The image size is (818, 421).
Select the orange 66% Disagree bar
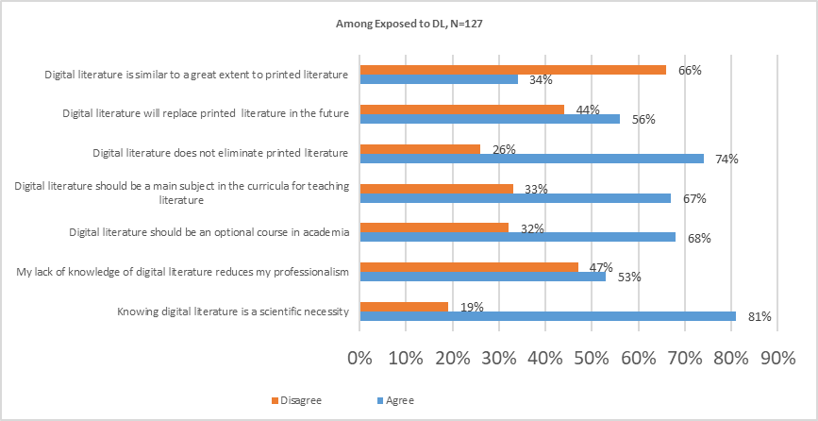(x=512, y=70)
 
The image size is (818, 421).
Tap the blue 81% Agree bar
(x=547, y=316)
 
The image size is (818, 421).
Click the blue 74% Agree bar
(x=531, y=159)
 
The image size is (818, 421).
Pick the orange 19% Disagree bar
(x=404, y=306)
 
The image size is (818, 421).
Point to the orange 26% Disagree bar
(x=420, y=149)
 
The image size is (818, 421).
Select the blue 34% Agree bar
(x=439, y=79)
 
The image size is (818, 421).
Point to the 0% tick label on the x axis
(x=359, y=359)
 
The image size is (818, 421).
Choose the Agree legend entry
(x=396, y=400)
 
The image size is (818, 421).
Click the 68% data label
(x=699, y=238)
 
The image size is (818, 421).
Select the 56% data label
(x=643, y=120)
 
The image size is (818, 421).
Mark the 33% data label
(x=537, y=190)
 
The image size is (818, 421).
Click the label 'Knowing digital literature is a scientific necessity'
(x=233, y=312)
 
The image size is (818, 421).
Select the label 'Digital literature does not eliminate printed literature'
(x=221, y=153)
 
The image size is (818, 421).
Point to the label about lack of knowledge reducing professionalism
(x=184, y=272)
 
